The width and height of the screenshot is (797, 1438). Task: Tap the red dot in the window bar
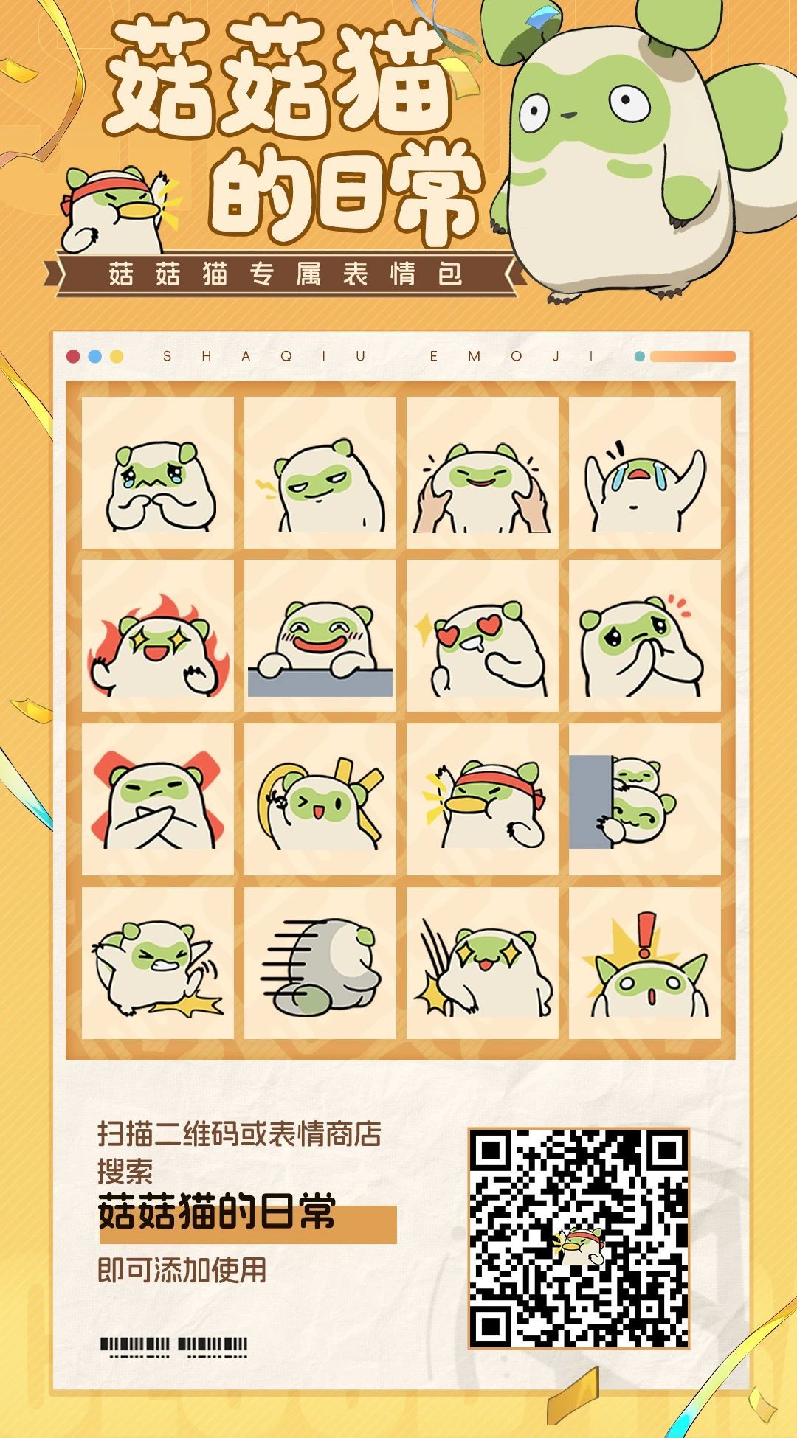point(73,357)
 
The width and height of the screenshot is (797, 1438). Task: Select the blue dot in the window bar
point(94,357)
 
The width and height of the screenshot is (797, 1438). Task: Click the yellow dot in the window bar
point(117,357)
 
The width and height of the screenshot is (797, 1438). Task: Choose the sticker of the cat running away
point(320,963)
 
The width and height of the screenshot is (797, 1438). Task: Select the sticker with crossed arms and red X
point(158,799)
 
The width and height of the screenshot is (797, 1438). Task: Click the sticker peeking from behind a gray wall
point(645,799)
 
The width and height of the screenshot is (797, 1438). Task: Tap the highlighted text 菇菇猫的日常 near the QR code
point(217,1214)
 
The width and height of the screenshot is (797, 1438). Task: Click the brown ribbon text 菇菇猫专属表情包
point(286,275)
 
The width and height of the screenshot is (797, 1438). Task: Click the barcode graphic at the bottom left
point(173,1347)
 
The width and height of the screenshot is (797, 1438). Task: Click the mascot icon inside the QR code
point(579,1246)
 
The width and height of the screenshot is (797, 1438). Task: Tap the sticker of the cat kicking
point(158,963)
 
